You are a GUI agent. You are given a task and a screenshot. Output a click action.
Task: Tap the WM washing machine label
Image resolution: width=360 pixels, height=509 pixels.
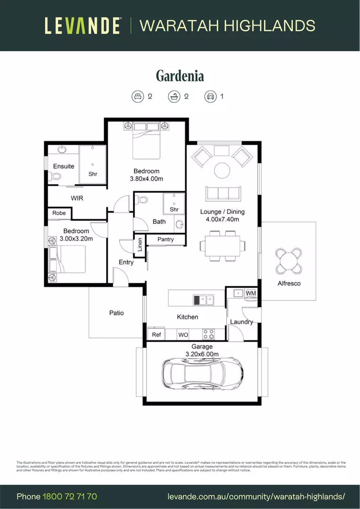251,293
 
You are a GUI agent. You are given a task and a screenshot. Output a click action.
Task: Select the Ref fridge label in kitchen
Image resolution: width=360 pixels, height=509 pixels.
156,335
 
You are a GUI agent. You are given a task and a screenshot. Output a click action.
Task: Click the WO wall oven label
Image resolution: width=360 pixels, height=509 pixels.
183,335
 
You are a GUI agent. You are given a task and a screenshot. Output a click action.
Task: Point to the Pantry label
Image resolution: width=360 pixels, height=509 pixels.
165,239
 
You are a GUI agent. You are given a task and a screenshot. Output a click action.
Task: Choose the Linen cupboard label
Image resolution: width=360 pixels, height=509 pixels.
139,245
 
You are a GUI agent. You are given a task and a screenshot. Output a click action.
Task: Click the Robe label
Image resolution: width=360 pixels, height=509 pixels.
59,213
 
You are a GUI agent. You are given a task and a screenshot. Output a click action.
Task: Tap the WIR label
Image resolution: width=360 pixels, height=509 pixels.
77,198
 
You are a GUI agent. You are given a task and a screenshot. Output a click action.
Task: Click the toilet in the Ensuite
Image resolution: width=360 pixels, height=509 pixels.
55,177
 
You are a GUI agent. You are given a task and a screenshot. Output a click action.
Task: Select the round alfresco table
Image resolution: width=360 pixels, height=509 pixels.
289,261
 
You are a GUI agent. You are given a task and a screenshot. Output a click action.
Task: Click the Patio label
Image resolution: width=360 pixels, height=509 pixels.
116,312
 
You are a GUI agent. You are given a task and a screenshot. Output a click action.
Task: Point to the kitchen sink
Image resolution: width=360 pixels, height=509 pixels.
203,299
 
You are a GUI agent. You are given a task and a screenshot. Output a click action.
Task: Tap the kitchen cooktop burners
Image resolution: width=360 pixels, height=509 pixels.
208,334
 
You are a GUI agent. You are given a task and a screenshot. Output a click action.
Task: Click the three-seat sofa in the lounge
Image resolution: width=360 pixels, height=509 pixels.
223,193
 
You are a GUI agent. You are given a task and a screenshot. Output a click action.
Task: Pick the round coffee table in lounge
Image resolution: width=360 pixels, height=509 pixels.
222,170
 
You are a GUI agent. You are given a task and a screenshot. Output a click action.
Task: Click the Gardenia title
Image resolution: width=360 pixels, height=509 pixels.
180,75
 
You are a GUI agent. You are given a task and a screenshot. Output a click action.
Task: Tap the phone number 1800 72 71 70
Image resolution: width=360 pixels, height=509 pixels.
70,496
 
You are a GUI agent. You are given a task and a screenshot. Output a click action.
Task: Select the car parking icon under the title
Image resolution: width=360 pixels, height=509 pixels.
210,97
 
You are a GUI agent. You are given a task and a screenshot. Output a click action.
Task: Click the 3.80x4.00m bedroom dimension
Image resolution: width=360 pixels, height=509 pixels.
147,179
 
